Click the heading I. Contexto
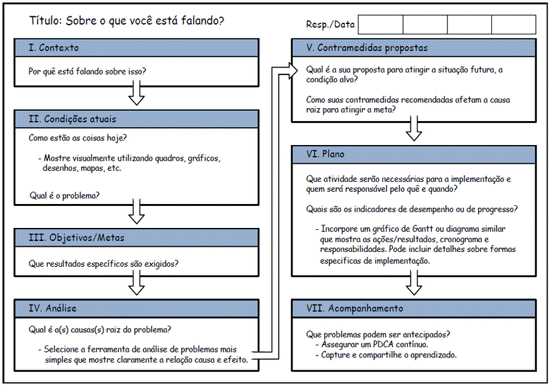point(54,48)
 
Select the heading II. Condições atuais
point(73,119)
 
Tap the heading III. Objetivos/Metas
point(76,238)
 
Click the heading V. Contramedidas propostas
point(367,48)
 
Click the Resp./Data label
point(330,25)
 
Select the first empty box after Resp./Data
point(381,25)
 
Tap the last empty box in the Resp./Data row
point(513,25)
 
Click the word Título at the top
point(45,21)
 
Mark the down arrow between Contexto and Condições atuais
point(136,95)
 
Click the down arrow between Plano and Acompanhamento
point(414,284)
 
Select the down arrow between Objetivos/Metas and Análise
point(136,283)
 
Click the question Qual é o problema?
point(65,195)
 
